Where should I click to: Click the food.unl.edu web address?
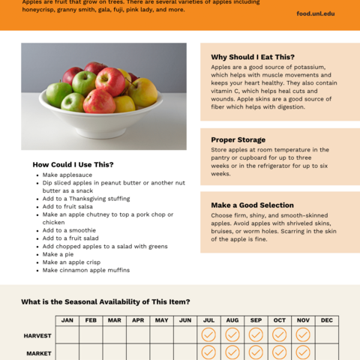315,13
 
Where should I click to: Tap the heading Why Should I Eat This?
253,57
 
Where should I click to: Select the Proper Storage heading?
238,139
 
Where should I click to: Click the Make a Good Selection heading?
252,205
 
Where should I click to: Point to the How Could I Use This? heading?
73,164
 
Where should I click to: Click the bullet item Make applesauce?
67,174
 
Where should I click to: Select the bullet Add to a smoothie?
69,230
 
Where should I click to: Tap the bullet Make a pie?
58,254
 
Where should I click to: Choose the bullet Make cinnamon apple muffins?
85,270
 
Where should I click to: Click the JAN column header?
67,320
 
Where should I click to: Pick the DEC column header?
327,320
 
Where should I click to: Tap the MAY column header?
161,320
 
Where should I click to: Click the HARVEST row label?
37,335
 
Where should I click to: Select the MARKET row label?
39,352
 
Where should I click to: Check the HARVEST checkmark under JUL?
208,334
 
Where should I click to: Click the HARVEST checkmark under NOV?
303,334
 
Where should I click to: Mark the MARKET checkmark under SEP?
256,352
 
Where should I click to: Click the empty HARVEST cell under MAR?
115,334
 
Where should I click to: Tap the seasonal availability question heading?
105,301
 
